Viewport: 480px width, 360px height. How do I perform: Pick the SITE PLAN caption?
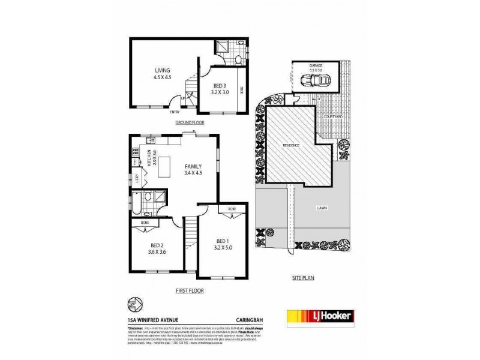click(x=302, y=278)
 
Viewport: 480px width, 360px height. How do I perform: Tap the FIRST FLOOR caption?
click(x=190, y=290)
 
